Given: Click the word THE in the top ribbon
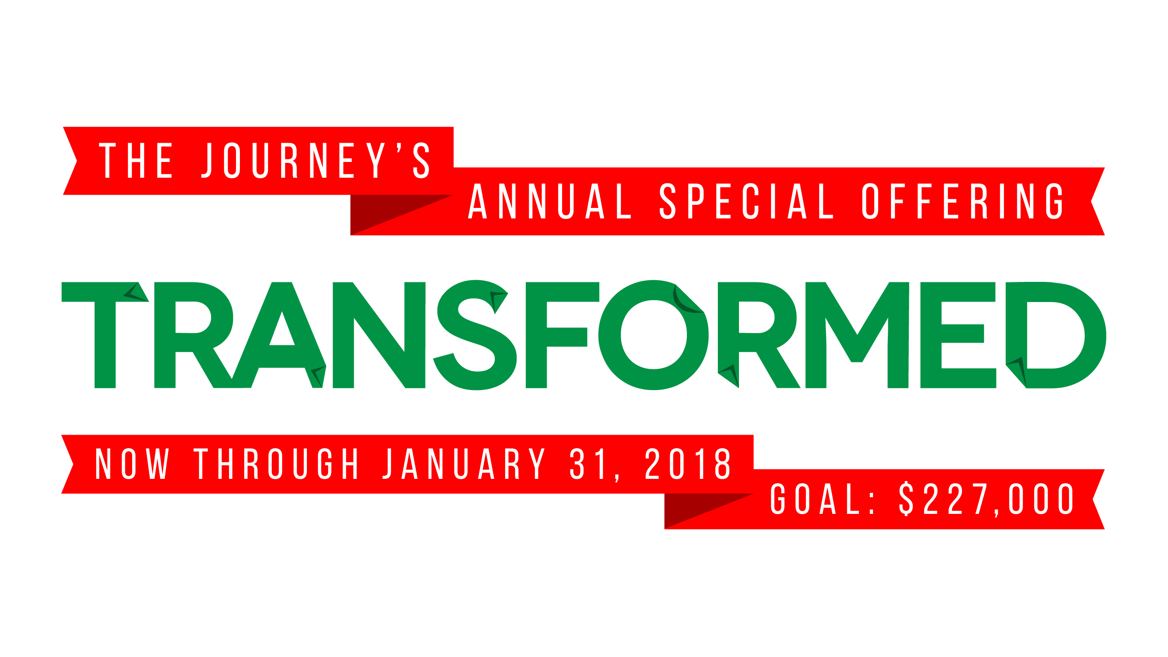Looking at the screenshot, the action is point(136,161).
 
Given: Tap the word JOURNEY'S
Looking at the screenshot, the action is point(316,161).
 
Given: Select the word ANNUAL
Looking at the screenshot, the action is point(549,201).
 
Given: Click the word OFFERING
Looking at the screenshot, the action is point(963,201).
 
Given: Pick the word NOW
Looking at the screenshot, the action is point(132,464).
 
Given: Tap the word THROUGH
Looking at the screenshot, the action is point(277,464).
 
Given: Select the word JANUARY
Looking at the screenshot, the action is point(464,464).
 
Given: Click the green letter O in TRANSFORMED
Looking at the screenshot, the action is point(653,335).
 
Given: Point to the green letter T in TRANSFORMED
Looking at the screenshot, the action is point(105,335).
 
